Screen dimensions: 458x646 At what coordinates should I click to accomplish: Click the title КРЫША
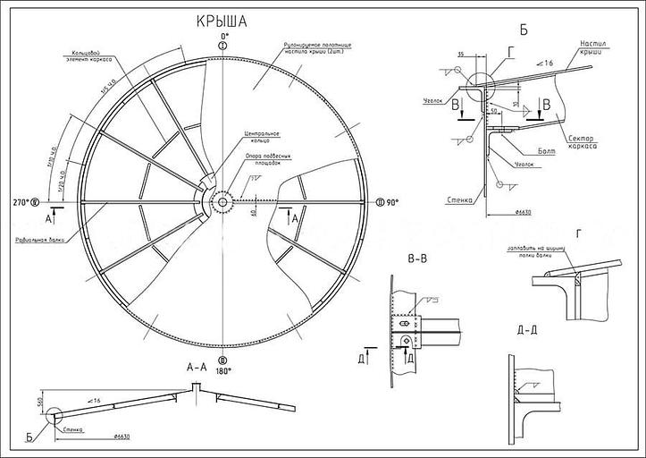[x=222, y=21]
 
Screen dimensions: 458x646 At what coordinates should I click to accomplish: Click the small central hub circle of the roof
[x=221, y=202]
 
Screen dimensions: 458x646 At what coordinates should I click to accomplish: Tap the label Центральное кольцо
[x=261, y=137]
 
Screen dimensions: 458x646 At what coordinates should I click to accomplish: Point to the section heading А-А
[x=197, y=367]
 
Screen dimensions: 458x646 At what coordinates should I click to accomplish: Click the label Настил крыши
[x=594, y=47]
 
